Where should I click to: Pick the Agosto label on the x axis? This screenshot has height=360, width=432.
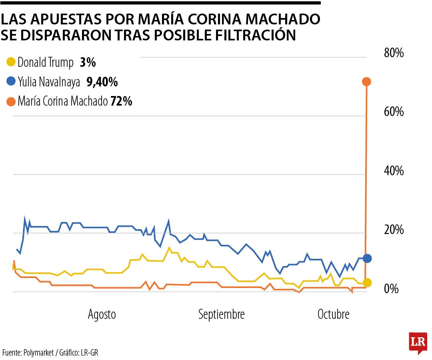tap(102, 314)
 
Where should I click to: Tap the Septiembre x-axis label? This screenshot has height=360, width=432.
tap(221, 314)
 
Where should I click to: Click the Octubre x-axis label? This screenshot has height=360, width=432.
tap(333, 314)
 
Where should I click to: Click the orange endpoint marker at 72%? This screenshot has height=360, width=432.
tap(367, 82)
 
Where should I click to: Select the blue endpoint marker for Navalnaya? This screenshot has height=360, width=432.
tap(367, 258)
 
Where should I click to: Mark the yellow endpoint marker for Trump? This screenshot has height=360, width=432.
tap(367, 282)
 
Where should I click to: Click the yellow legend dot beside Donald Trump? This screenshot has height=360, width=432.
tap(11, 62)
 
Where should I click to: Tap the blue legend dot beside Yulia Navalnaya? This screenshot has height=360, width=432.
tap(11, 82)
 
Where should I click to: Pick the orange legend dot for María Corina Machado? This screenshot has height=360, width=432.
tap(11, 102)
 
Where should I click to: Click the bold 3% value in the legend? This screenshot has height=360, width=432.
tap(88, 62)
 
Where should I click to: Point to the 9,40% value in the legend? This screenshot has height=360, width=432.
tap(102, 82)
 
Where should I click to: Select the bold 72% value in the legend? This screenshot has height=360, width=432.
tap(121, 102)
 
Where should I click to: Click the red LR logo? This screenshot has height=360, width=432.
tap(418, 342)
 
